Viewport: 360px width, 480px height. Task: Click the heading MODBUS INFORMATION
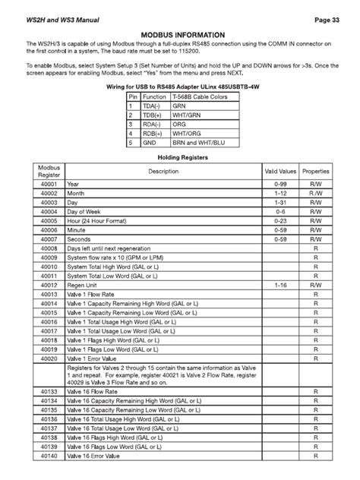[180, 35]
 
